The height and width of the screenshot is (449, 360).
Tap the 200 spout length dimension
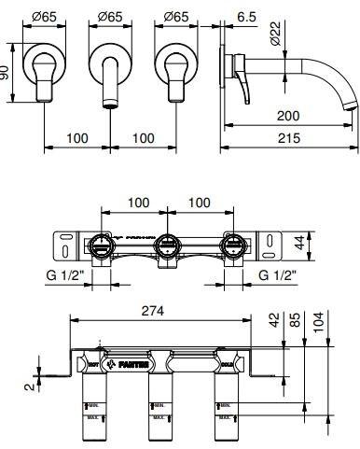(x=290, y=116)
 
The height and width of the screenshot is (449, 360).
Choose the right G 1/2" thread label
(x=277, y=276)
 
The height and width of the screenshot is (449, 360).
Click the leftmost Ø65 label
(x=47, y=16)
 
